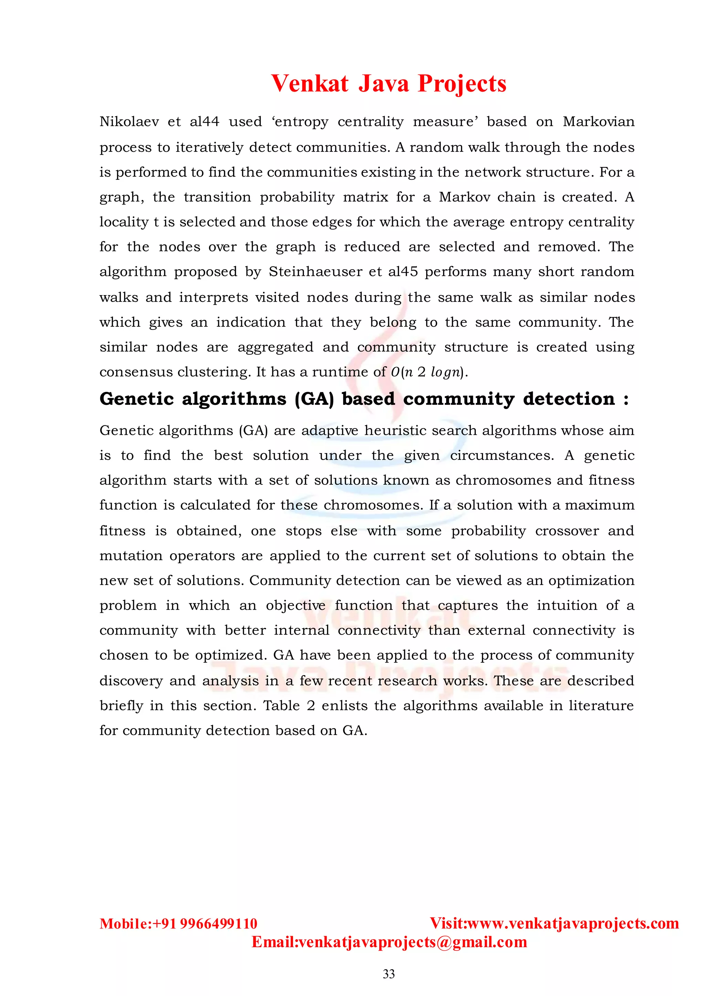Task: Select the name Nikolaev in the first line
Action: (129, 122)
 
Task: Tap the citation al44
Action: (204, 122)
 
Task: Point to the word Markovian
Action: (598, 122)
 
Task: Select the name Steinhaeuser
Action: (314, 272)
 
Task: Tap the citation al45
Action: (403, 272)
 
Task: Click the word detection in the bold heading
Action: (569, 399)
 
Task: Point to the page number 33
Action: (389, 974)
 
